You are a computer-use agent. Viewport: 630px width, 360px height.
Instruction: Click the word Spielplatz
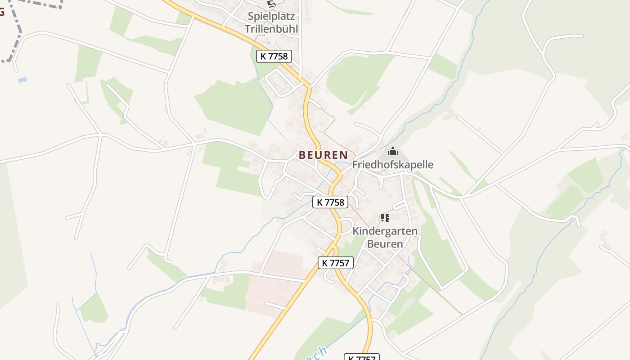tap(271, 17)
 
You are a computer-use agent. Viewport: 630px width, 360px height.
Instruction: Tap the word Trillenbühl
tap(271, 29)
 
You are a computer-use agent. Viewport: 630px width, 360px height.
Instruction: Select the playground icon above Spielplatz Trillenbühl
tap(271, 4)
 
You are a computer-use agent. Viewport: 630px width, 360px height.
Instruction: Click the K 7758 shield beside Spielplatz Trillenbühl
tap(274, 56)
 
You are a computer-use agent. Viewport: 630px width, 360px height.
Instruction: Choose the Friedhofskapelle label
tap(392, 165)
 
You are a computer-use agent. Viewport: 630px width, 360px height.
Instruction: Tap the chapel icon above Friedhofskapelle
tap(393, 152)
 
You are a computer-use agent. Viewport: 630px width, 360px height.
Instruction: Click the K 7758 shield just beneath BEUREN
tap(330, 202)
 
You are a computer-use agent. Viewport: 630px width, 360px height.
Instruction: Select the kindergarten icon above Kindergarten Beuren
tap(385, 218)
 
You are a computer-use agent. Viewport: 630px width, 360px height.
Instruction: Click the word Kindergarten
tap(385, 231)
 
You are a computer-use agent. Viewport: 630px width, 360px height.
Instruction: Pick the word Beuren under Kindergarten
tap(385, 244)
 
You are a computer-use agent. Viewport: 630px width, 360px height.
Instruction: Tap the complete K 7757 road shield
tap(336, 263)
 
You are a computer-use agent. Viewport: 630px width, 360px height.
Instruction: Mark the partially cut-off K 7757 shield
tap(362, 357)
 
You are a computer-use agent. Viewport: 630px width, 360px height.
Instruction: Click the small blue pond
tap(22, 80)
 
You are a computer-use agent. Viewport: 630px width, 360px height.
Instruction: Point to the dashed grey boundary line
tap(18, 31)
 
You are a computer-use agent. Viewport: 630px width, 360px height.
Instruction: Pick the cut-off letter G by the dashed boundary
tap(2, 12)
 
